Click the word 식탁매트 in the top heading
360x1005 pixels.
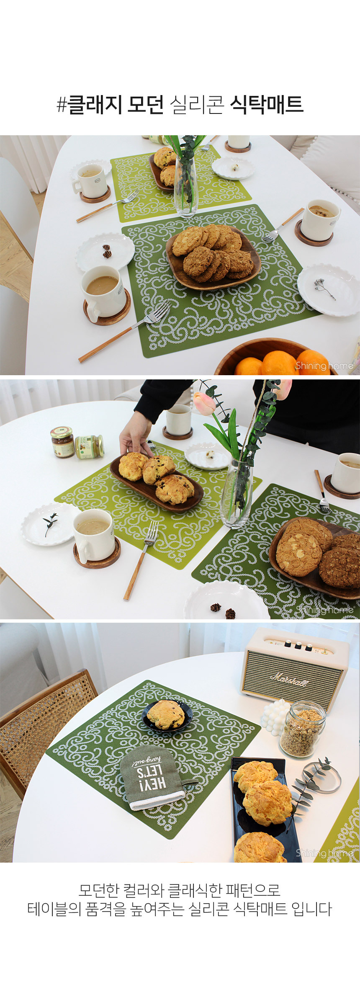[x=267, y=105]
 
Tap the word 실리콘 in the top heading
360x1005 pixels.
[x=197, y=105]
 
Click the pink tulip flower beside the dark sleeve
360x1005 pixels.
[x=205, y=403]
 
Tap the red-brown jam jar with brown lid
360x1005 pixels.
[x=63, y=442]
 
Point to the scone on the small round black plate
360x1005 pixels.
[x=166, y=715]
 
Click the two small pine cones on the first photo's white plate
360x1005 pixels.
[x=107, y=251]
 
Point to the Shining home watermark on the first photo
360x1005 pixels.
[x=324, y=366]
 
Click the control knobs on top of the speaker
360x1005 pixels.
[x=298, y=645]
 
